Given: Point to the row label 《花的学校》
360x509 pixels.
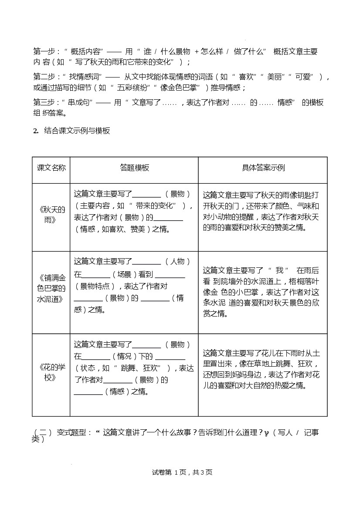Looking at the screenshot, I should (x=51, y=371).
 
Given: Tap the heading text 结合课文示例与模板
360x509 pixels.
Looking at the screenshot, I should (x=77, y=131).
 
